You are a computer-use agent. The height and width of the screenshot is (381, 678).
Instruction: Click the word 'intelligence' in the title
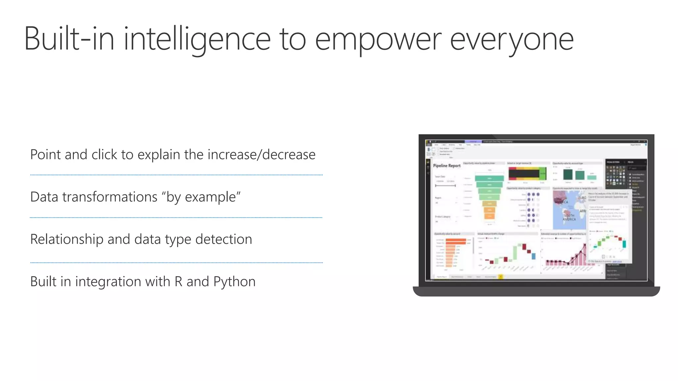click(197, 39)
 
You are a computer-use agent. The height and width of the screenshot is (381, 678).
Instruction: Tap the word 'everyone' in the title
click(511, 39)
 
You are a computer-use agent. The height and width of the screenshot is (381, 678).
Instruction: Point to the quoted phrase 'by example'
click(201, 197)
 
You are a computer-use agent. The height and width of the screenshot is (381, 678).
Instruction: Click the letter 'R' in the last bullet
click(178, 281)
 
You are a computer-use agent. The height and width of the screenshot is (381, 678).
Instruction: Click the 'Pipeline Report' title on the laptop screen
click(447, 165)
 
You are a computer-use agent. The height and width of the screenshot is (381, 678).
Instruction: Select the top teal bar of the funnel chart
click(489, 178)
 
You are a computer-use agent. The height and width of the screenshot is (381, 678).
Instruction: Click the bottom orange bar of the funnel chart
click(489, 216)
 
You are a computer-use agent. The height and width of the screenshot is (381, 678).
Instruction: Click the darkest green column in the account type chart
click(568, 174)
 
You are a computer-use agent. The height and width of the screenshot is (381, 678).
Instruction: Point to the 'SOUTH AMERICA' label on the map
click(569, 217)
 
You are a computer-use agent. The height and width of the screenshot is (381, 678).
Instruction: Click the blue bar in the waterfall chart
click(533, 256)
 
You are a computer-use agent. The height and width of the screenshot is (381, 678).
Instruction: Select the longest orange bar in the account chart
click(456, 240)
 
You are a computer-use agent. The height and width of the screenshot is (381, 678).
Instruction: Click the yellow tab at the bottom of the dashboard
click(501, 276)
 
